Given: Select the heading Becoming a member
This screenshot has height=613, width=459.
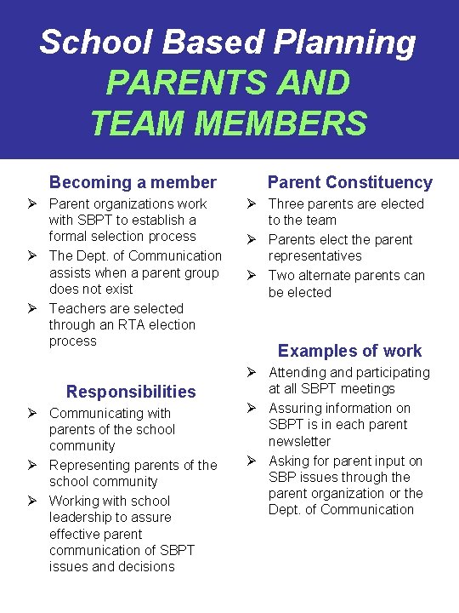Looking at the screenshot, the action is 133,182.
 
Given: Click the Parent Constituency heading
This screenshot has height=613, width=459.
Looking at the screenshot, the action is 349,182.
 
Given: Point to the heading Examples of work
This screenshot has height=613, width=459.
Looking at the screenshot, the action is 349,351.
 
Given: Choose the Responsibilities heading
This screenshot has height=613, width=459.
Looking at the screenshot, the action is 131,392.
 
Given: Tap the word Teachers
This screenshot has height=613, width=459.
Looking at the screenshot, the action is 79,308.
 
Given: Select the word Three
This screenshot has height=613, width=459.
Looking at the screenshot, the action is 286,203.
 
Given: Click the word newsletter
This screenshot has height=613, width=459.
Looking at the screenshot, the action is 299,441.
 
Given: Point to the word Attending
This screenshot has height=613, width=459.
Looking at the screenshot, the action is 298,372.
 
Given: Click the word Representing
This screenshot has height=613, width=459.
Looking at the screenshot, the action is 89,465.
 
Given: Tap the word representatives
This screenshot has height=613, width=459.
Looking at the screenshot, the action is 314,255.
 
